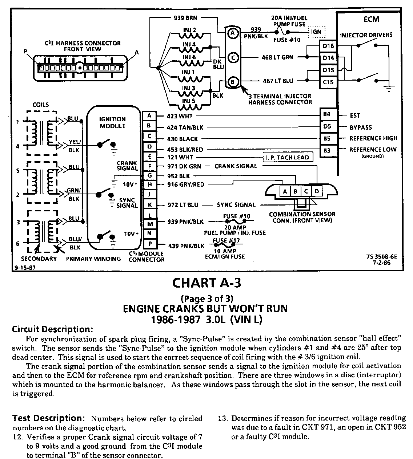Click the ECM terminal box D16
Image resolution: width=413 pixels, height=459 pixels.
pyautogui.click(x=328, y=46)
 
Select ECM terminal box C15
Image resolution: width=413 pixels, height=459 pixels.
pyautogui.click(x=328, y=82)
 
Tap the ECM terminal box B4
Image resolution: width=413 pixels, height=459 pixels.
pyautogui.click(x=326, y=115)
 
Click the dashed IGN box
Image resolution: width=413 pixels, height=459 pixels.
pyautogui.click(x=316, y=32)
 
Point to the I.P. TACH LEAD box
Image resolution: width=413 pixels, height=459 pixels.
pyautogui.click(x=288, y=157)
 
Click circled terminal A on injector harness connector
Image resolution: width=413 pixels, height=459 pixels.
pyautogui.click(x=232, y=33)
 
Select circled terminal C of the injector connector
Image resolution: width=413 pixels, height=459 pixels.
pyautogui.click(x=232, y=57)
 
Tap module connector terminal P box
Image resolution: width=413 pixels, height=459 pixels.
pyautogui.click(x=149, y=244)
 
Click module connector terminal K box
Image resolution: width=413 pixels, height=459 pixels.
pyautogui.click(x=149, y=205)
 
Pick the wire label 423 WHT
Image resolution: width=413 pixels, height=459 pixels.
pyautogui.click(x=180, y=116)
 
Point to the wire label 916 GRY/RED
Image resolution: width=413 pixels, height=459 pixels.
pyautogui.click(x=186, y=184)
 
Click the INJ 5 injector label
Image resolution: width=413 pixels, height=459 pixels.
pyautogui.click(x=189, y=101)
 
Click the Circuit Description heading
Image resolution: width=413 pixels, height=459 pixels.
pyautogui.click(x=53, y=329)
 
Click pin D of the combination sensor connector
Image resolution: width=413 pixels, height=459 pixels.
pyautogui.click(x=316, y=191)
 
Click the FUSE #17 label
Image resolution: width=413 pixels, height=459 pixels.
pyautogui.click(x=225, y=241)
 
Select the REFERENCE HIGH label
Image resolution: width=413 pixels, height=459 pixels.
pyautogui.click(x=373, y=138)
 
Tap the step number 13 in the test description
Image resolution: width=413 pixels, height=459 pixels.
pyautogui.click(x=222, y=418)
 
